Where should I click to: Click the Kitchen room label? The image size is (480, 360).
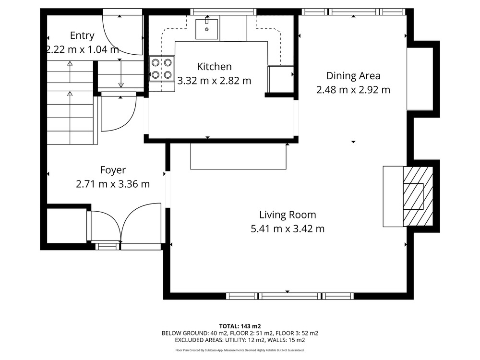[x=214, y=66]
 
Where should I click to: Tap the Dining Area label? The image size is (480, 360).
[x=353, y=76]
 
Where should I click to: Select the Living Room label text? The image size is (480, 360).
[x=288, y=215]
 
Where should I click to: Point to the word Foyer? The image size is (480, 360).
[x=113, y=170]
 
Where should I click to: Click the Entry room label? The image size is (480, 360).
[x=82, y=36]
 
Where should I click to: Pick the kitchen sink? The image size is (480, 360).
[x=206, y=29]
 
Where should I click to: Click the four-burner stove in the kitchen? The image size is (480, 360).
[x=162, y=69]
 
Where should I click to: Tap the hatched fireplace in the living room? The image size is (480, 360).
[x=418, y=196]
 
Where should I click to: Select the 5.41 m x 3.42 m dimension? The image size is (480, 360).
[x=288, y=228]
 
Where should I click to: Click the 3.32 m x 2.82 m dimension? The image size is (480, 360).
[x=214, y=81]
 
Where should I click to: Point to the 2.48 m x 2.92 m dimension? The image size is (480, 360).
[x=353, y=90]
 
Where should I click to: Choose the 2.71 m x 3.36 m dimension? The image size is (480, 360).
[x=113, y=184]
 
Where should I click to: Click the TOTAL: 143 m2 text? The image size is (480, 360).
[x=240, y=326]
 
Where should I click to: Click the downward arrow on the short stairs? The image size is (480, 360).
[x=121, y=74]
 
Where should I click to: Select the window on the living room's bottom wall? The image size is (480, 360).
[x=290, y=296]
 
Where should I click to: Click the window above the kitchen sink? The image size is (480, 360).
[x=223, y=12]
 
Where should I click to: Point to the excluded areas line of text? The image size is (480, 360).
[x=240, y=340]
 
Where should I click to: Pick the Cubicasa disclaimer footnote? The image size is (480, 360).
[x=240, y=350]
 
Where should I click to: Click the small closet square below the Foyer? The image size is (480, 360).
[x=67, y=226]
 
